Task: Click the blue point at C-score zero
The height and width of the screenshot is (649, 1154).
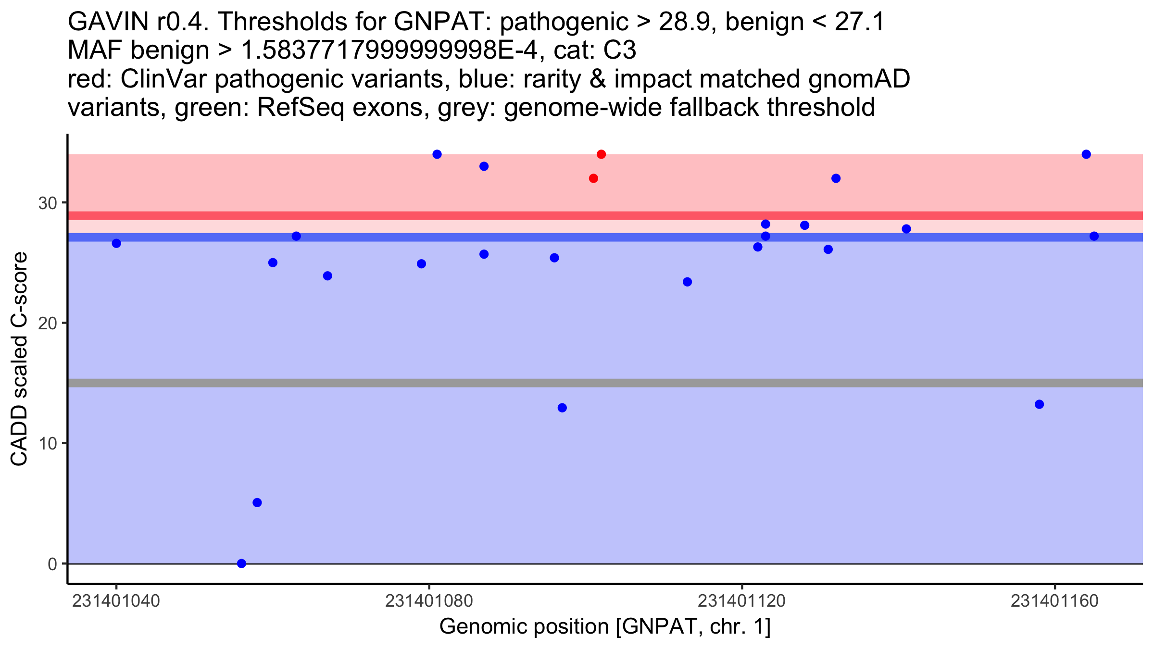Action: pyautogui.click(x=242, y=563)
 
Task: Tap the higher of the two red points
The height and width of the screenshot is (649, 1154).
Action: pyautogui.click(x=601, y=154)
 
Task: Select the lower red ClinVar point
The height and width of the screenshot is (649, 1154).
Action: pyautogui.click(x=593, y=178)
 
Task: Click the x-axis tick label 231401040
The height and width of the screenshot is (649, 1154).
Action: pyautogui.click(x=115, y=601)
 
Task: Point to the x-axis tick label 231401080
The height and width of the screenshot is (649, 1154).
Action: pyautogui.click(x=429, y=601)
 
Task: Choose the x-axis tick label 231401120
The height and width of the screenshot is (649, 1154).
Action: pyautogui.click(x=741, y=601)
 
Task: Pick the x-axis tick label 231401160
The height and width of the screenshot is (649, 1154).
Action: pyautogui.click(x=1055, y=601)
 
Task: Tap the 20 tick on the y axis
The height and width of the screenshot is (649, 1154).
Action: pyautogui.click(x=48, y=324)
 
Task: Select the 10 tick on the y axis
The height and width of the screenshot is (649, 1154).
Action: pyautogui.click(x=48, y=444)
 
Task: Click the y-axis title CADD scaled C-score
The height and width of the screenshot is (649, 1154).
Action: pyautogui.click(x=19, y=359)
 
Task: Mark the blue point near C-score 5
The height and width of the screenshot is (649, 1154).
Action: pyautogui.click(x=257, y=503)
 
